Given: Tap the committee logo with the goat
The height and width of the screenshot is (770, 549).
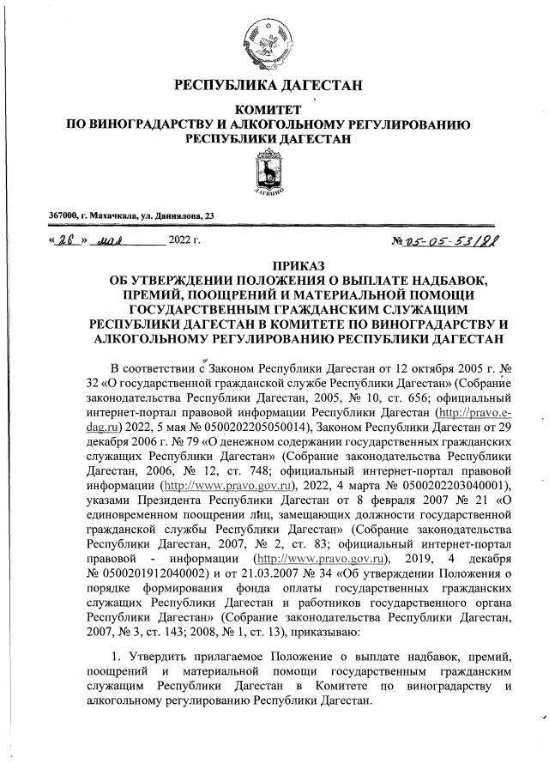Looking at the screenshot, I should click(269, 175).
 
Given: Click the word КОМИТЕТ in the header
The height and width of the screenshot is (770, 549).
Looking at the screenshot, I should click(269, 110).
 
